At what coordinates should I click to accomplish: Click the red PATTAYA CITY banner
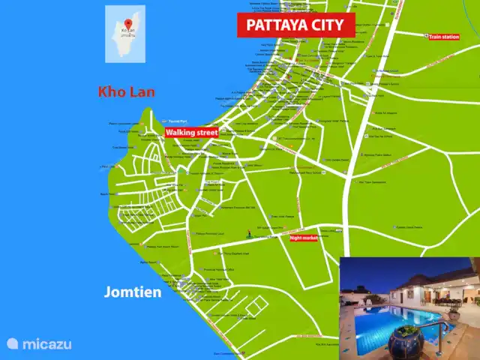[295, 25]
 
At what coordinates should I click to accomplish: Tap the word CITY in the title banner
[328, 25]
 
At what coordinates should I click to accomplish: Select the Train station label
[443, 36]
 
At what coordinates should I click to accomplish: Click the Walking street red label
[191, 133]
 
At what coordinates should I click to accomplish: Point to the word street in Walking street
[204, 133]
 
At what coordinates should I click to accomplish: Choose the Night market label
[304, 238]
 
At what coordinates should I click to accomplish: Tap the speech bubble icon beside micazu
[12, 343]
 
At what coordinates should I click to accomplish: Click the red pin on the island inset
[127, 23]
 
